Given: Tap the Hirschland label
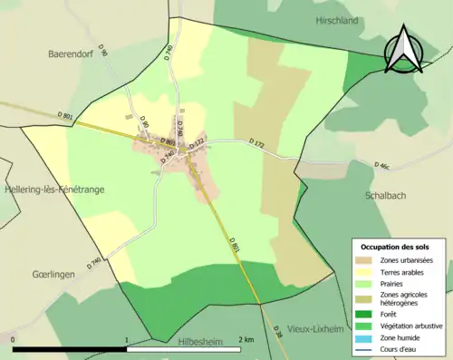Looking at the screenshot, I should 339,19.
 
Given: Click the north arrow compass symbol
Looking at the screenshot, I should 404,49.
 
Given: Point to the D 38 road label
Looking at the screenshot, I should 277,336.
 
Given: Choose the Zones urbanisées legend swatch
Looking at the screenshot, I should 364,260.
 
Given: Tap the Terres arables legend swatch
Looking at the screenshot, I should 364,272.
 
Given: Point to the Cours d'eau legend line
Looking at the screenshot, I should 364,347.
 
